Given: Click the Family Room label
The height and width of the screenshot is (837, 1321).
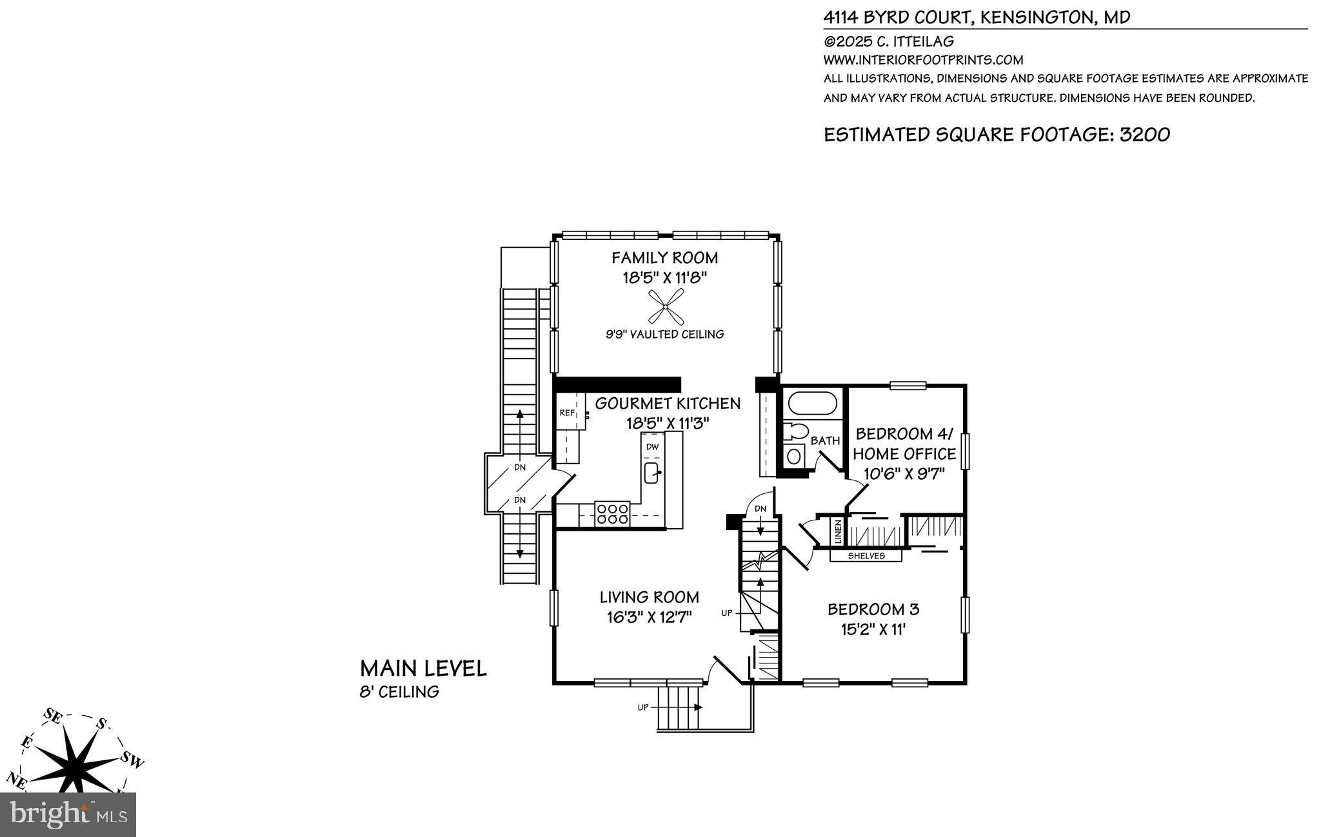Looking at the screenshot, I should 664,258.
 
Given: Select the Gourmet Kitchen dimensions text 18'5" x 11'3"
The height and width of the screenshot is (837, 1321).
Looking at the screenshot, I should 667,423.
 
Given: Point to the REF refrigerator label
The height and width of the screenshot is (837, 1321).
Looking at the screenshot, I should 566,413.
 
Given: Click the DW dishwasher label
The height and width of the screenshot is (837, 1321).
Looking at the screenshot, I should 652,447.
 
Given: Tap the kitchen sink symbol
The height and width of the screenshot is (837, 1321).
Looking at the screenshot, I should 651,473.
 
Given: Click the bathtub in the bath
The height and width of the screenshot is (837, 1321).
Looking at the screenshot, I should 811,403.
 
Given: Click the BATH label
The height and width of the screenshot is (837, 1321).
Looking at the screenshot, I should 825,441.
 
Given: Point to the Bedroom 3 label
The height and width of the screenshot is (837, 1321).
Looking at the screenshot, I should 873,609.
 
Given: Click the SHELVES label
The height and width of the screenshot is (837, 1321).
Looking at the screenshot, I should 866,556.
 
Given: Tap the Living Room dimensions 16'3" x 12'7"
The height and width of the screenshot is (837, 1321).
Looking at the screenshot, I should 649,617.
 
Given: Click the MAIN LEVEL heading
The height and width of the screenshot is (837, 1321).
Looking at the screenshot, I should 423,668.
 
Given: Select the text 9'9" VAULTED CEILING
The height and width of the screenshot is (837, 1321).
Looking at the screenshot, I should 664,334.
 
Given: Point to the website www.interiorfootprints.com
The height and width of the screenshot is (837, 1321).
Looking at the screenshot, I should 923,60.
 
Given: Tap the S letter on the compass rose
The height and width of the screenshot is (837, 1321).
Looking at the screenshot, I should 101,724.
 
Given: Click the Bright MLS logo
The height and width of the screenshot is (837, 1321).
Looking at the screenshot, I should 68,814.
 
